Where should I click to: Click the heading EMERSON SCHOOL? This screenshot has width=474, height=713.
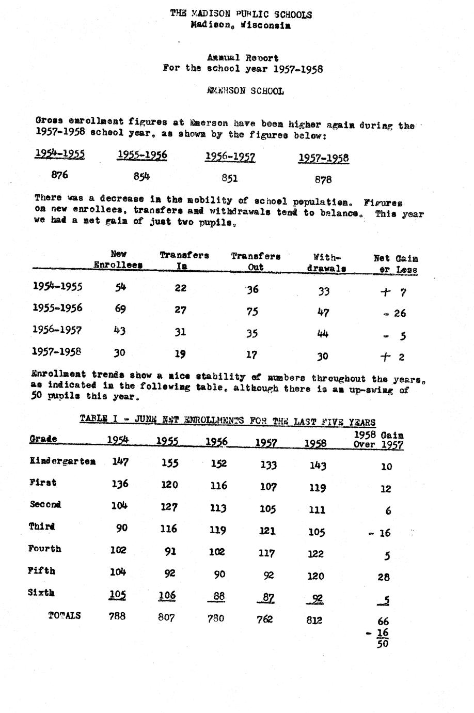click(x=245, y=91)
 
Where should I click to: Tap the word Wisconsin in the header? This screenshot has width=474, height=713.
click(x=265, y=25)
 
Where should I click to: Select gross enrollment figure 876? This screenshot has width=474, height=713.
click(x=60, y=175)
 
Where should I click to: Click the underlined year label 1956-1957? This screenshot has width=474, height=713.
click(x=230, y=157)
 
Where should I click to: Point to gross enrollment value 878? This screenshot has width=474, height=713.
click(x=323, y=180)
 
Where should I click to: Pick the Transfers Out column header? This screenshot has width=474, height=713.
click(x=256, y=261)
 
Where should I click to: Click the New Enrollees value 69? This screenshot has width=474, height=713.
click(x=120, y=309)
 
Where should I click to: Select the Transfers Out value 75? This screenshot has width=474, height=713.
click(x=252, y=312)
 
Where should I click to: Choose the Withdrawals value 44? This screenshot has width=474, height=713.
click(x=323, y=334)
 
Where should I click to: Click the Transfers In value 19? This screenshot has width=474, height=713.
click(x=180, y=354)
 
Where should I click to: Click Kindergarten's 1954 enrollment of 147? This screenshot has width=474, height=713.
click(x=120, y=462)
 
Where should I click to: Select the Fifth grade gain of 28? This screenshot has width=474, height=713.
click(x=384, y=577)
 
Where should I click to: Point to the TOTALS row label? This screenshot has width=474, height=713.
click(x=65, y=616)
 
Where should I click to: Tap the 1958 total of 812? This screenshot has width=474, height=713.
click(x=314, y=620)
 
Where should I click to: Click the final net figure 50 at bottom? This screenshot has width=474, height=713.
click(x=383, y=644)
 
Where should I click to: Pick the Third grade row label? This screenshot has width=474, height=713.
click(x=42, y=527)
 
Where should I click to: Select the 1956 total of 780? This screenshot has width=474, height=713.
click(x=216, y=618)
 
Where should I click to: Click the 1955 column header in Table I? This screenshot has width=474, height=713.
click(x=167, y=441)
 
